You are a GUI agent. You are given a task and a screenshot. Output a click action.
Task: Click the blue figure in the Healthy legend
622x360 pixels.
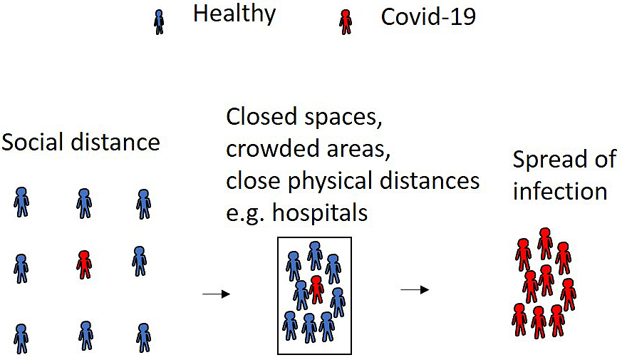[x=159, y=22]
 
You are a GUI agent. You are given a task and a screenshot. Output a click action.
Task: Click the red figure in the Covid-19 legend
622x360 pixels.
[x=346, y=22]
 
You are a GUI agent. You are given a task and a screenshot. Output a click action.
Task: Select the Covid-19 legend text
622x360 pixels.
[x=428, y=17]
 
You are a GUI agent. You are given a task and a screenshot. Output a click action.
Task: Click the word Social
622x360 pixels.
[x=33, y=142]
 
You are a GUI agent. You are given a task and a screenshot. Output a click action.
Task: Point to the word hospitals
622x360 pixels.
[x=320, y=213]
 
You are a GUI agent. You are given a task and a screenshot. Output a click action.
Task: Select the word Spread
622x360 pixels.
[x=549, y=159]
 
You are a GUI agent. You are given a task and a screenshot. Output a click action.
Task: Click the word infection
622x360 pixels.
[x=560, y=191]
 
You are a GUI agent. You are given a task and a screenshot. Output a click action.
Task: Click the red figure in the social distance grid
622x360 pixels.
[x=84, y=264]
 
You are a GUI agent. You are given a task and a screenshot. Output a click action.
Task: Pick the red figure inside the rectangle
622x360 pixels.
[x=316, y=289]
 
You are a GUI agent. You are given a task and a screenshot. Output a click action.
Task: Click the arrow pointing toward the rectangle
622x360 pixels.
[x=216, y=294]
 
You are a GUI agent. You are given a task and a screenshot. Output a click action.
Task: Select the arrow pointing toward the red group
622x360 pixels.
[x=415, y=290]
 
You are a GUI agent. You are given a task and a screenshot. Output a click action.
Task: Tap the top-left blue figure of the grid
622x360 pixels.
[x=21, y=202]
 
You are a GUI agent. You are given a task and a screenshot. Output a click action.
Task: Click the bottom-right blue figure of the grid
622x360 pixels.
[x=144, y=338]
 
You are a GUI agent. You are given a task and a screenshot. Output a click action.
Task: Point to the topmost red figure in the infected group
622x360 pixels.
[x=545, y=243]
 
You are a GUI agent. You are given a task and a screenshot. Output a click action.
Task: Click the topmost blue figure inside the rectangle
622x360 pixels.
[x=315, y=256]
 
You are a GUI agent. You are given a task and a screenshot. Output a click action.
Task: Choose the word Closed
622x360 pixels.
[x=261, y=117]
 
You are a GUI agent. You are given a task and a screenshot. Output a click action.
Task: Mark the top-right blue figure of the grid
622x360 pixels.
[x=144, y=204]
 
